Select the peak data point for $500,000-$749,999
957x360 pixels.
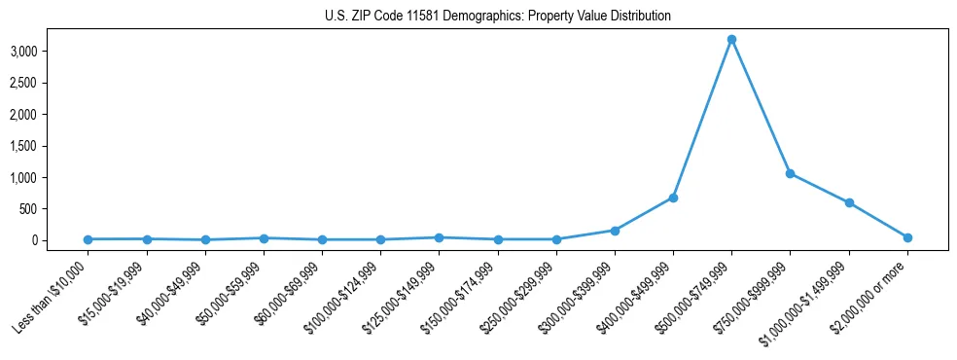(731, 40)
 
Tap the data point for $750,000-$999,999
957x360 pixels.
(790, 173)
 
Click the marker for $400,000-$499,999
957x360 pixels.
(673, 198)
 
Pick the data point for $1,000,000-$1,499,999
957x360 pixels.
(849, 202)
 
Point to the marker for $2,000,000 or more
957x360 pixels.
(907, 237)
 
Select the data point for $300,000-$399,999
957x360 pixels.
(615, 231)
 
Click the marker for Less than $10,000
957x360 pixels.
(88, 239)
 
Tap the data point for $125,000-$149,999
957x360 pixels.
(439, 237)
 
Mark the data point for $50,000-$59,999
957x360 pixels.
(264, 237)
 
